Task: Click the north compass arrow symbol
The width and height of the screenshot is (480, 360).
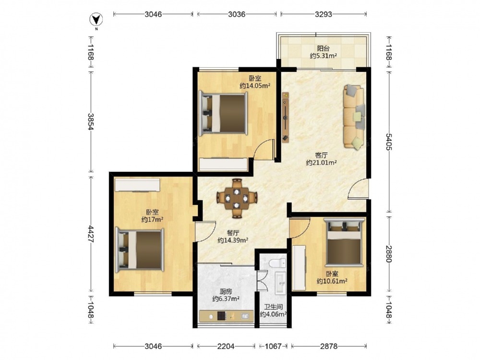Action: [x=96, y=20]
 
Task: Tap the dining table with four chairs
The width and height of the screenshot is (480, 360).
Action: [x=237, y=198]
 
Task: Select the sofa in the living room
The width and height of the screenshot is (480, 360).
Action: [x=354, y=117]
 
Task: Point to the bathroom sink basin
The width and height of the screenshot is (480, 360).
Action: [x=280, y=283]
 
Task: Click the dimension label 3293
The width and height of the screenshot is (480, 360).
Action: [x=324, y=14]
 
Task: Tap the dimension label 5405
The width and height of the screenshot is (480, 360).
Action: [x=389, y=142]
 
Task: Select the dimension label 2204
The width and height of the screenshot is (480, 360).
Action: [x=226, y=346]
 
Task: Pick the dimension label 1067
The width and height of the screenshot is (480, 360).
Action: [x=273, y=346]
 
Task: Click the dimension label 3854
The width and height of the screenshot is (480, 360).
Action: [x=91, y=121]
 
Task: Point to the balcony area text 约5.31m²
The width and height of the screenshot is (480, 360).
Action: [x=323, y=56]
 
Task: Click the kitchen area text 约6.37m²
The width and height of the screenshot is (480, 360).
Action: [x=226, y=299]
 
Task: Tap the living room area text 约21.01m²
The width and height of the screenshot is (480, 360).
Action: [x=322, y=163]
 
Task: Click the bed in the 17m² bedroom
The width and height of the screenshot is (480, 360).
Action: [x=140, y=250]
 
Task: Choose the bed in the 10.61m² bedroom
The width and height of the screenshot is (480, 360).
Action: [x=344, y=241]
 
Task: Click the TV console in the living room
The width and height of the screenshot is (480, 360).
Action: [x=285, y=117]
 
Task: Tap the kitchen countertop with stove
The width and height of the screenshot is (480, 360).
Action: [x=226, y=316]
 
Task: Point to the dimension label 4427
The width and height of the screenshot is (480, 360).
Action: [x=91, y=234]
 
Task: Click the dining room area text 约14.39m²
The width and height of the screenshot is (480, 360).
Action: [x=233, y=240]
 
